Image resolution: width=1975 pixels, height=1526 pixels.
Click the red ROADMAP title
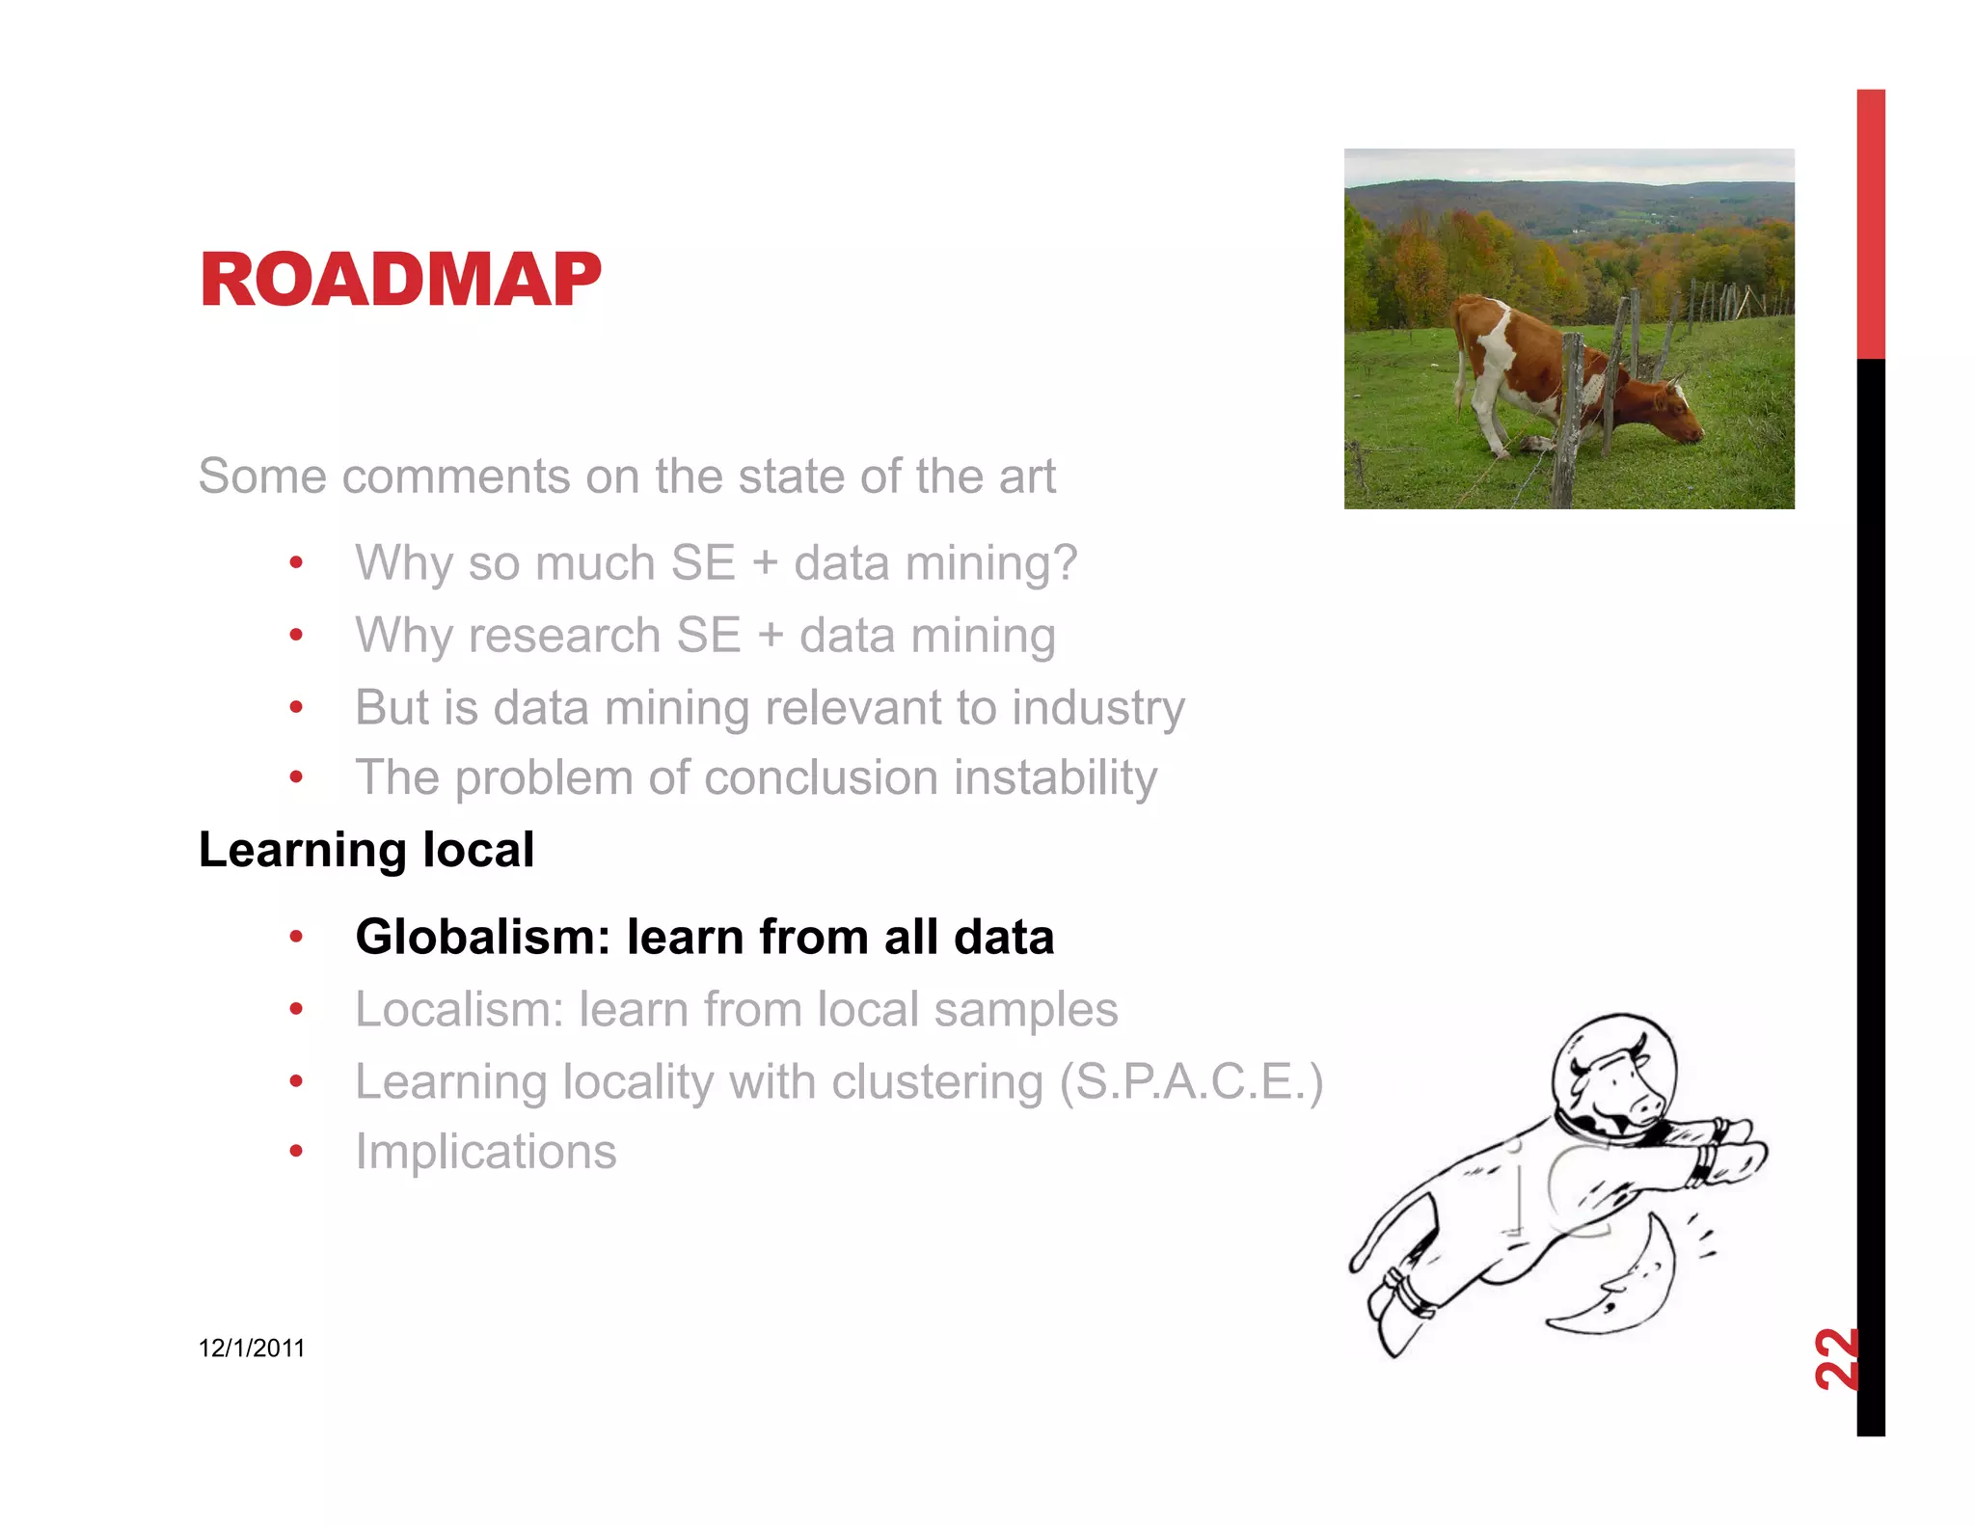[400, 280]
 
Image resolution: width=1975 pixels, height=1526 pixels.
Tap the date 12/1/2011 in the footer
[252, 1349]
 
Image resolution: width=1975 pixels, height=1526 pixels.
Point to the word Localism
[459, 1010]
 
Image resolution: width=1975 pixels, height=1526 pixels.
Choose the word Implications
[486, 1152]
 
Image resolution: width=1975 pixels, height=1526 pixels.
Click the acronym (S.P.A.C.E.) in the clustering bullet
[1191, 1082]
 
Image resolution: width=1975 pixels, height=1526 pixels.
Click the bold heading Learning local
[366, 850]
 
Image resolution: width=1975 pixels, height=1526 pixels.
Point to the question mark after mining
[1065, 562]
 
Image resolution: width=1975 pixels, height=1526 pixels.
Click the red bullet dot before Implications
[297, 1151]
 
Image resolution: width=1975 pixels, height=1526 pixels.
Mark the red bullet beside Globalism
[297, 937]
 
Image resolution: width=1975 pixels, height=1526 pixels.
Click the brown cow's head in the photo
[1676, 413]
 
